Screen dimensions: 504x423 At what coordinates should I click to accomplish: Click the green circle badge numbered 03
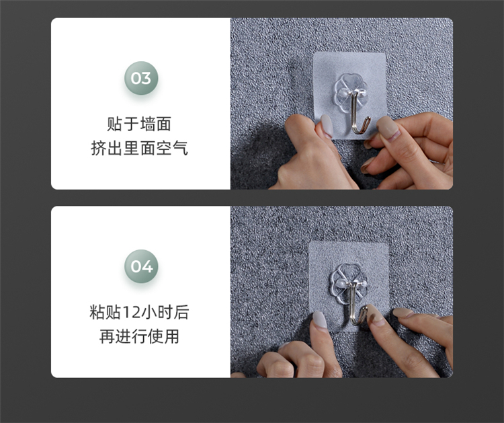[x=141, y=78]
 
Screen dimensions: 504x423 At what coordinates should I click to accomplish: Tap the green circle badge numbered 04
[x=141, y=266]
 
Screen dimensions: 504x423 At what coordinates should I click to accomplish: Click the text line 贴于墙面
[x=139, y=124]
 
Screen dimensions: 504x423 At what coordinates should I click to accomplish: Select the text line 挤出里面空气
[x=139, y=149]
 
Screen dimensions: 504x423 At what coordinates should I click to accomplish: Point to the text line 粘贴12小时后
[x=139, y=312]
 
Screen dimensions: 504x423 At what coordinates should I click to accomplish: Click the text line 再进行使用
[x=139, y=336]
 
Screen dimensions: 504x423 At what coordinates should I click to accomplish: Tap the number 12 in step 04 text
[x=131, y=313]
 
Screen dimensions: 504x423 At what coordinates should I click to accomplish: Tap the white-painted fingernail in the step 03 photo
[x=327, y=126]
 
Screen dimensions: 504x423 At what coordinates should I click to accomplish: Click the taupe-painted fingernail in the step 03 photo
[x=388, y=128]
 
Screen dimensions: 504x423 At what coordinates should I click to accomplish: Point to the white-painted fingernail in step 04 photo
[x=320, y=319]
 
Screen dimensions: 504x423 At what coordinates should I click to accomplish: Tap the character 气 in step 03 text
[x=180, y=149]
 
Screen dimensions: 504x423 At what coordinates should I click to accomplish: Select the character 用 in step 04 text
[x=171, y=336]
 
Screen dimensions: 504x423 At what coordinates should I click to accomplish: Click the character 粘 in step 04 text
[x=97, y=312]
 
